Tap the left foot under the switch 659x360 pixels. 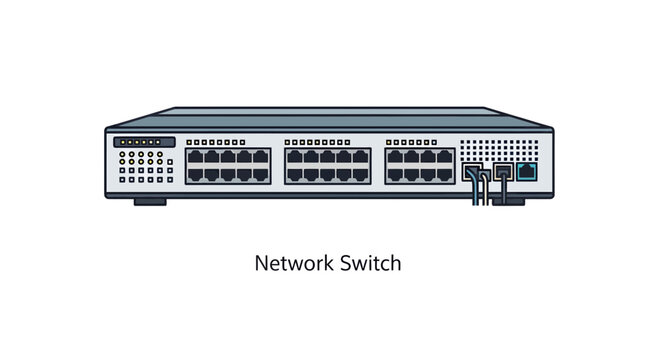[x=150, y=200]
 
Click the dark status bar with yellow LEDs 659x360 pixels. [x=145, y=142]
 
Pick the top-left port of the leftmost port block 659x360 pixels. [x=195, y=157]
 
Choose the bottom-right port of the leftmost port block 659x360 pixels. [x=263, y=174]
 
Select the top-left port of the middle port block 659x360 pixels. [x=295, y=157]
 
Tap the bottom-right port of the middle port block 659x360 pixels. [x=362, y=174]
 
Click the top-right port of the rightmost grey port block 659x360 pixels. [x=445, y=157]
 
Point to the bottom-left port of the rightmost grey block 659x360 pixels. [x=395, y=174]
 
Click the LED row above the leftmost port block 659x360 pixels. [x=229, y=142]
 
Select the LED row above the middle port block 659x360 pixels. [x=328, y=142]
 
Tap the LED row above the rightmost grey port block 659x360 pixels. [x=420, y=142]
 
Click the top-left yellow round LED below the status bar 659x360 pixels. [x=122, y=154]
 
